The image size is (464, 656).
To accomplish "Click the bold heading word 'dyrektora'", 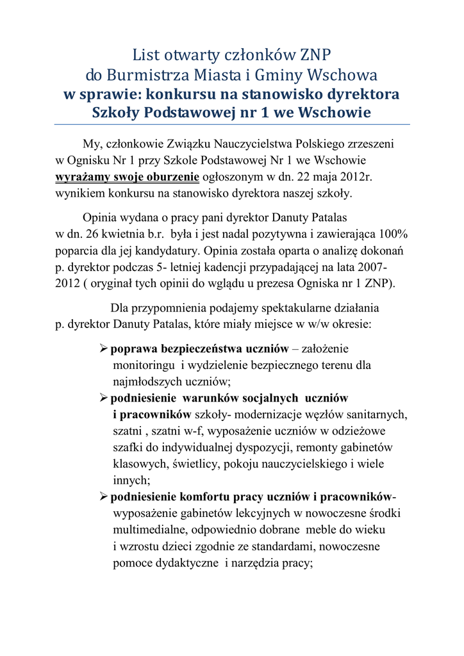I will coord(363,95).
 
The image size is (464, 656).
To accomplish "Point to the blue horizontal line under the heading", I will coord(232,124).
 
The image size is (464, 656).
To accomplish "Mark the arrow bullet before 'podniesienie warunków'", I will coord(104,398).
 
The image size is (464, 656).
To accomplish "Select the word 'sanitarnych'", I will coord(379,414).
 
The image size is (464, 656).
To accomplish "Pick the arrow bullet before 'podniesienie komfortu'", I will coord(104,496).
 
